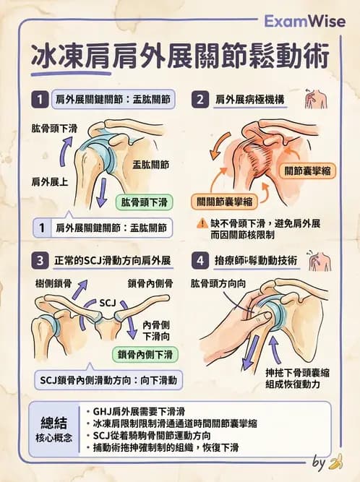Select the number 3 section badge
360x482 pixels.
pyautogui.click(x=41, y=259)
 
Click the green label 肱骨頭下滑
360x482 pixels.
pyautogui.click(x=147, y=202)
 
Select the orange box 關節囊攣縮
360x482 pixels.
pyautogui.click(x=308, y=171)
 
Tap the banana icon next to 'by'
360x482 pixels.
pyautogui.click(x=335, y=462)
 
